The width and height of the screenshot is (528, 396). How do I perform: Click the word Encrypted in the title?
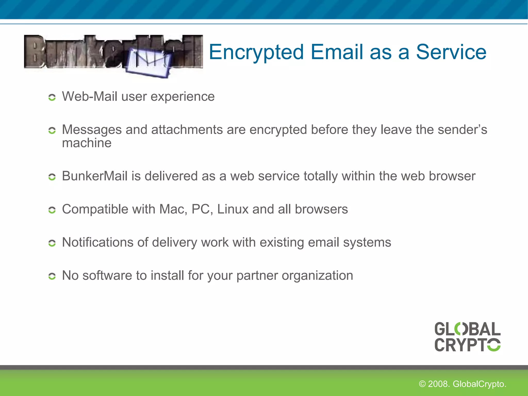pos(256,52)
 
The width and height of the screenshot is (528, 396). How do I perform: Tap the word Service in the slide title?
pos(451,52)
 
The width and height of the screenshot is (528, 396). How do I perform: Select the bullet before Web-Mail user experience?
pos(52,97)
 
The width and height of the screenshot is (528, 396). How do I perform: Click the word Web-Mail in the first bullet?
pos(89,97)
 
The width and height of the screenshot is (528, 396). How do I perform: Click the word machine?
pos(87,143)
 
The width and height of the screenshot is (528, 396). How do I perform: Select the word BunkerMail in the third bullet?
pos(95,176)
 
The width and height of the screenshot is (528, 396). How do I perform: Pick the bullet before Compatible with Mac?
pos(52,210)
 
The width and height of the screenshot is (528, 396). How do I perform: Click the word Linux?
pos(233,209)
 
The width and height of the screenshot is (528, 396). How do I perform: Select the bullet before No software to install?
pos(52,276)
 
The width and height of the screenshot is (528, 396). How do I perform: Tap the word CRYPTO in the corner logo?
pos(467,345)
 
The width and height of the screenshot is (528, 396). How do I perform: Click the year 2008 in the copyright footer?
pos(439,384)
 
